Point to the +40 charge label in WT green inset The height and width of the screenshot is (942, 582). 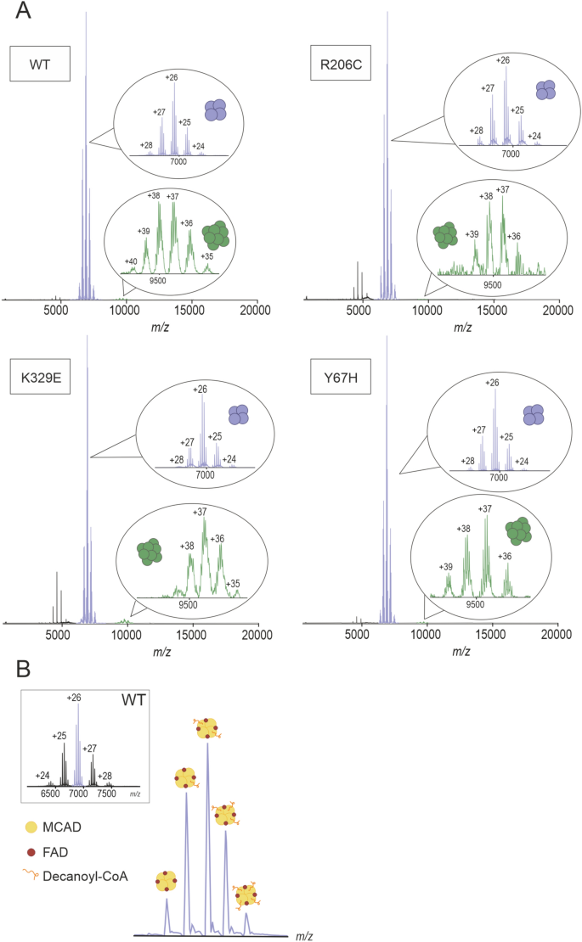(131, 261)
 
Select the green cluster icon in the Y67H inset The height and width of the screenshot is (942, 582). (517, 532)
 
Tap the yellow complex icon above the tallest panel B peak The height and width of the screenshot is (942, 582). (207, 728)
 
